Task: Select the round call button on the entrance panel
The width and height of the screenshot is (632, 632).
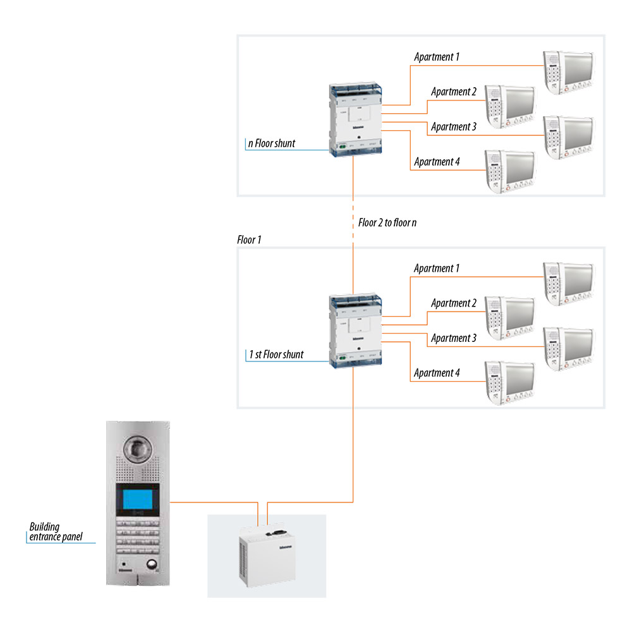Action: [x=152, y=565]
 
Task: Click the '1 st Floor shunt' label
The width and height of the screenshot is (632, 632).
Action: [x=276, y=355]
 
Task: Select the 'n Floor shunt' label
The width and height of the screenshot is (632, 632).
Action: [x=272, y=143]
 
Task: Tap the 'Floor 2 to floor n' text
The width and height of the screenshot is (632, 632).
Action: [x=387, y=222]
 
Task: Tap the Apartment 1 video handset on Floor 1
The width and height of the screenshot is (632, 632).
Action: [x=568, y=279]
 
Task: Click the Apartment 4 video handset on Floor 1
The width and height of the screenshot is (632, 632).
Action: [x=509, y=382]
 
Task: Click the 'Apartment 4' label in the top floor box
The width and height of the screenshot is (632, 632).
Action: [x=437, y=162]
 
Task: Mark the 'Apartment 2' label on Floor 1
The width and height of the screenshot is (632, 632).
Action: [x=454, y=303]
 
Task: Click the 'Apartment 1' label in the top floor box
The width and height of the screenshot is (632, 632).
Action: [x=437, y=57]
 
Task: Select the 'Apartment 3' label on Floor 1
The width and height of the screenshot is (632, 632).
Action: [x=454, y=338]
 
